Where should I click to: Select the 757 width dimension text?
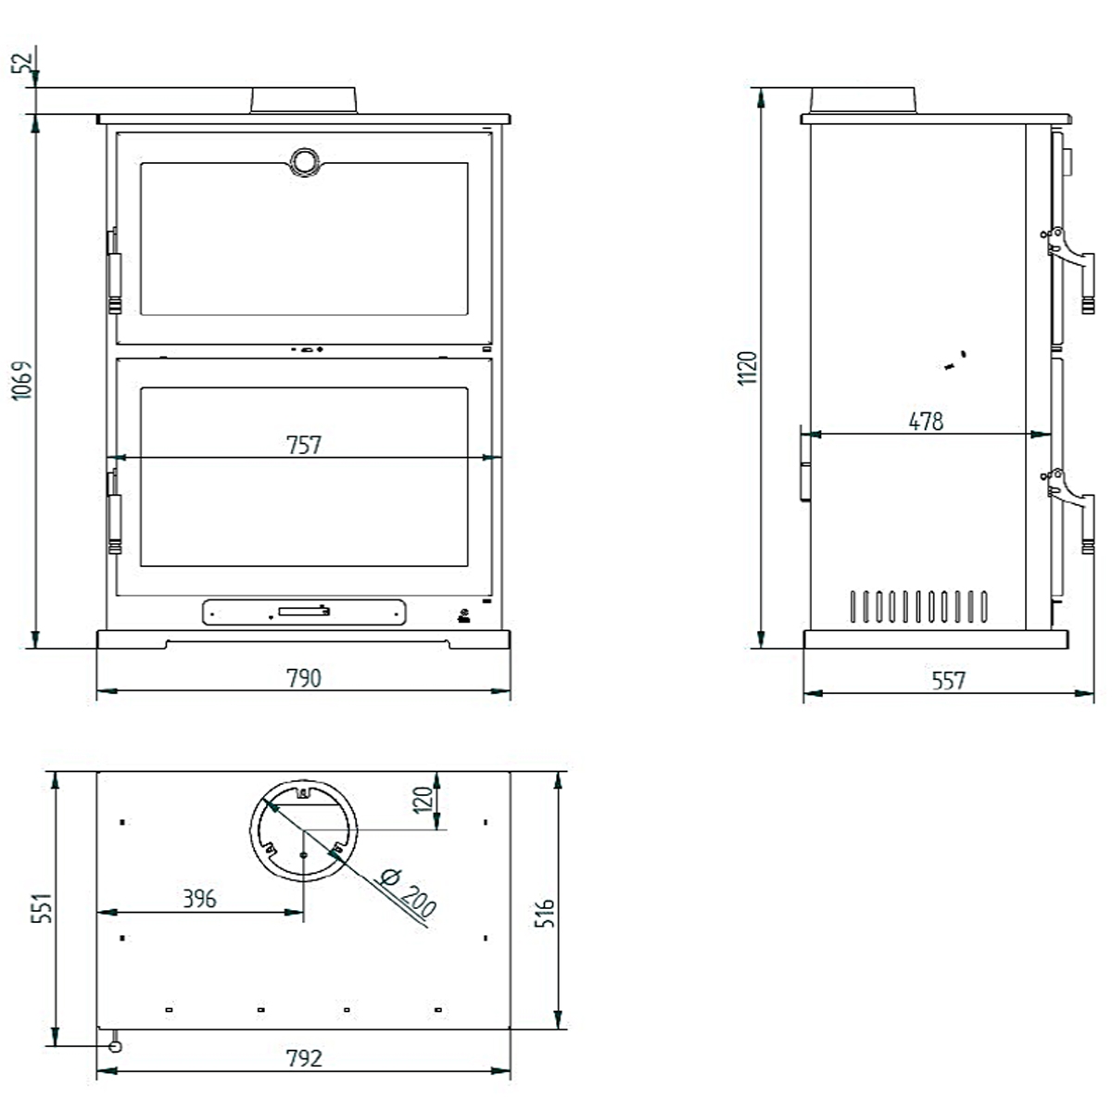click(303, 445)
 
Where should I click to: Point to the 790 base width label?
click(303, 678)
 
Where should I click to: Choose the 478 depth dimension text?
click(925, 422)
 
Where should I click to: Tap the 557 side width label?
click(949, 681)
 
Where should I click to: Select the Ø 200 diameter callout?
click(407, 892)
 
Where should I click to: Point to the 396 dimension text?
click(198, 899)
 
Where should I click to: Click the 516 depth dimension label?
click(545, 913)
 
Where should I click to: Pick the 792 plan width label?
click(303, 1057)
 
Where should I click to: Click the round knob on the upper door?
click(303, 161)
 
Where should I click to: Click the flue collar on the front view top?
click(303, 100)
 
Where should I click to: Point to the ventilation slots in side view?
click(916, 606)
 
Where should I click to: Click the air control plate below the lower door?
click(304, 611)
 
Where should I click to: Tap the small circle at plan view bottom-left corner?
click(115, 1045)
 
